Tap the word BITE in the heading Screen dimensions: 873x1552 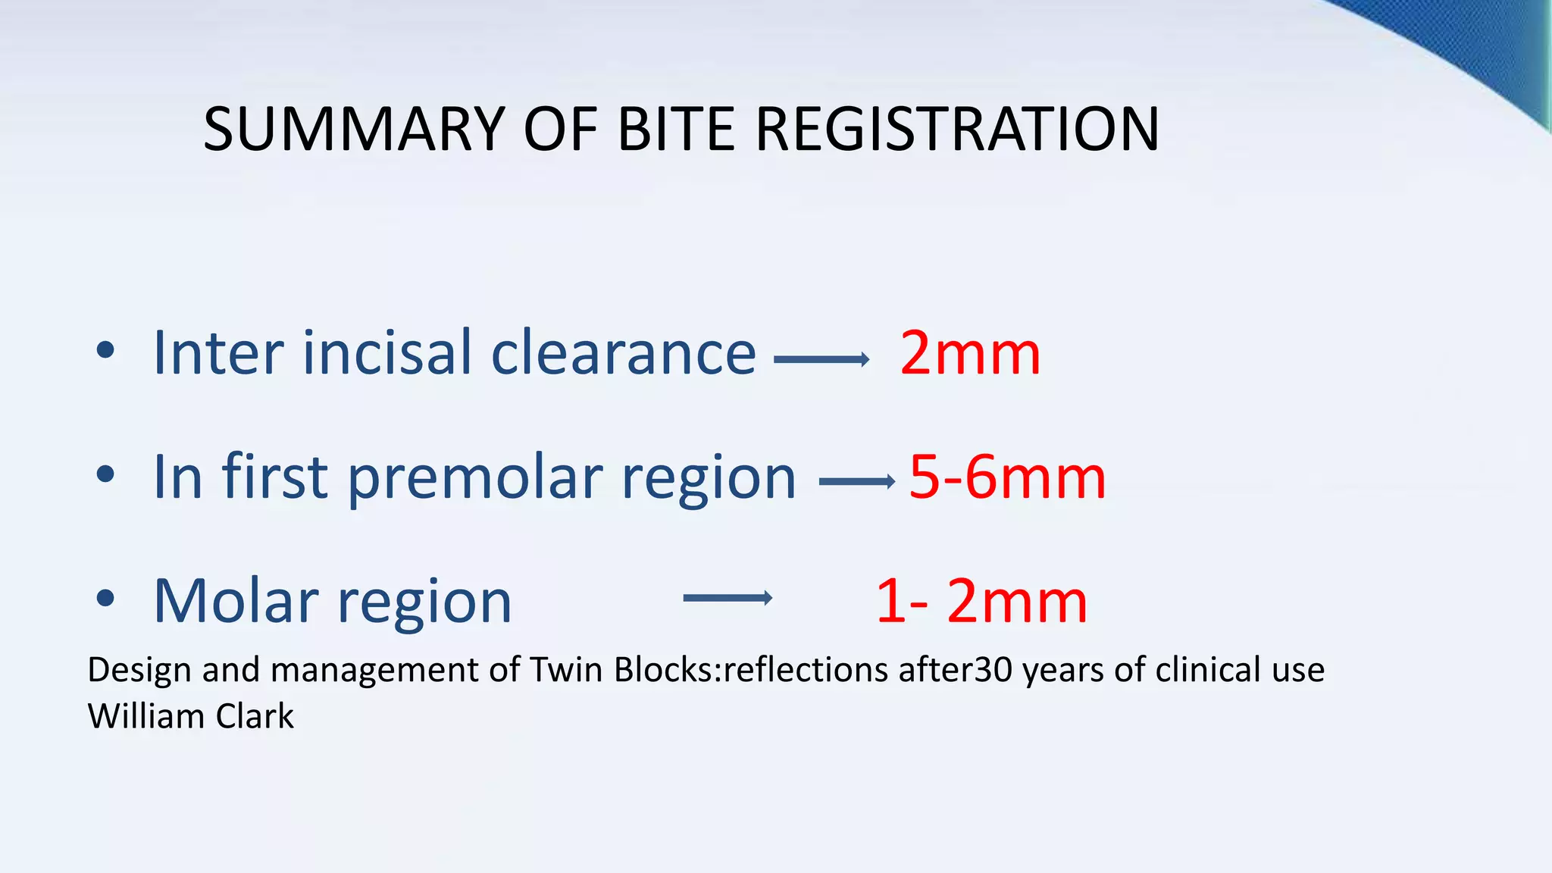click(x=676, y=129)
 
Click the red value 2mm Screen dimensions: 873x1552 click(x=969, y=353)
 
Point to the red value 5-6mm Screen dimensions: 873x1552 click(x=1006, y=477)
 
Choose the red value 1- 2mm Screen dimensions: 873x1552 click(x=981, y=602)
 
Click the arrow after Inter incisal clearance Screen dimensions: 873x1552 click(x=821, y=359)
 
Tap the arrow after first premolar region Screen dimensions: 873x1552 click(x=857, y=481)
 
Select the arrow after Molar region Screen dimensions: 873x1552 click(x=727, y=598)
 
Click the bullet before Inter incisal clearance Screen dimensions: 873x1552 click(x=105, y=350)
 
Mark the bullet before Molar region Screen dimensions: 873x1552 click(x=105, y=598)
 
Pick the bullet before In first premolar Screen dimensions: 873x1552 click(x=105, y=474)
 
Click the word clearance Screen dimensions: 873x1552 click(x=623, y=353)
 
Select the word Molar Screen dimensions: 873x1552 click(x=236, y=602)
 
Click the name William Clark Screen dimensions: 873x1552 click(x=190, y=716)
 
